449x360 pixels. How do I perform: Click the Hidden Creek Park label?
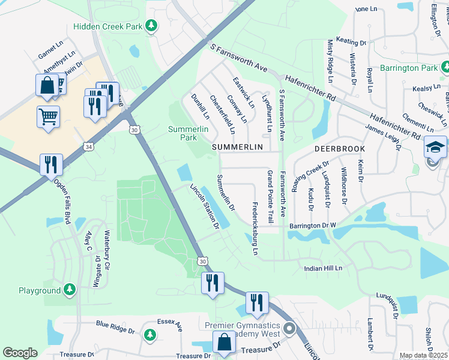coord(109,26)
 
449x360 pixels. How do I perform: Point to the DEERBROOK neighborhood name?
coord(337,147)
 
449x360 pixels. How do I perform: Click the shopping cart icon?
coord(48,115)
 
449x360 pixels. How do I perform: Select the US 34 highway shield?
coord(89,147)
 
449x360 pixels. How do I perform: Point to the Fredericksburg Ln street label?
coord(255,228)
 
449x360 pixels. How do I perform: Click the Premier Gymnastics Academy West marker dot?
coord(290,328)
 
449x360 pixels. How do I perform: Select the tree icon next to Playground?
coord(70,290)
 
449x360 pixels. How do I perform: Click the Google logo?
coord(20,352)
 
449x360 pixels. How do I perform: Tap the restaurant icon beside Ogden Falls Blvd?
coord(51,164)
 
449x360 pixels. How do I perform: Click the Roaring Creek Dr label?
coord(302,176)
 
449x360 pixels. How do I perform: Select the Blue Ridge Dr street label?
coord(115,327)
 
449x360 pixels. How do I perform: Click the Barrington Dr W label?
coord(312,226)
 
